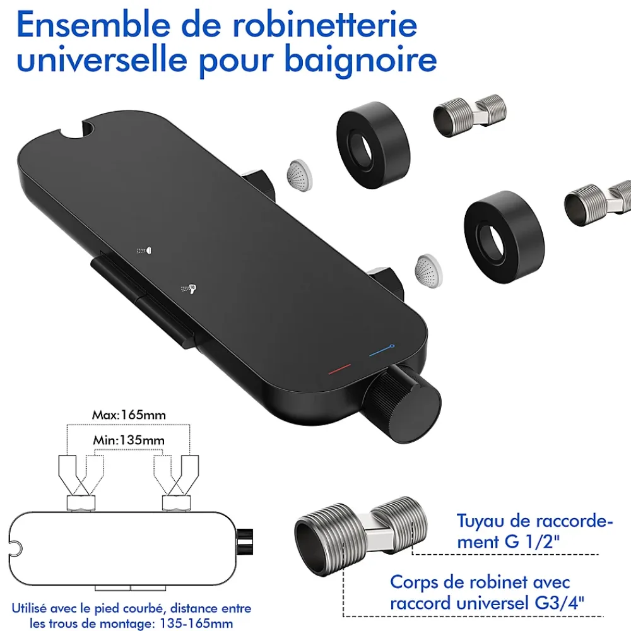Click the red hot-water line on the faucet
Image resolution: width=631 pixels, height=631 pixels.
[x=339, y=369]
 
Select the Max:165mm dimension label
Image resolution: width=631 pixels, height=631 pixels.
[x=129, y=415]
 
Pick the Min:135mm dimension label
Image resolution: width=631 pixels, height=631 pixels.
[x=129, y=440]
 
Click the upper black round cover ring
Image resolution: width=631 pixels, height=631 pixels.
[x=372, y=145]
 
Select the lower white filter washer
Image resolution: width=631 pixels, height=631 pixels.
[x=428, y=271]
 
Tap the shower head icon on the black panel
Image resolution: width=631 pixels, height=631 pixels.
[x=144, y=251]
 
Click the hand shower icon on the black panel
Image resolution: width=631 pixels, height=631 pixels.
[x=189, y=288]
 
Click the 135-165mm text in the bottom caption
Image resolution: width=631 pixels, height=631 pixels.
[x=196, y=623]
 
